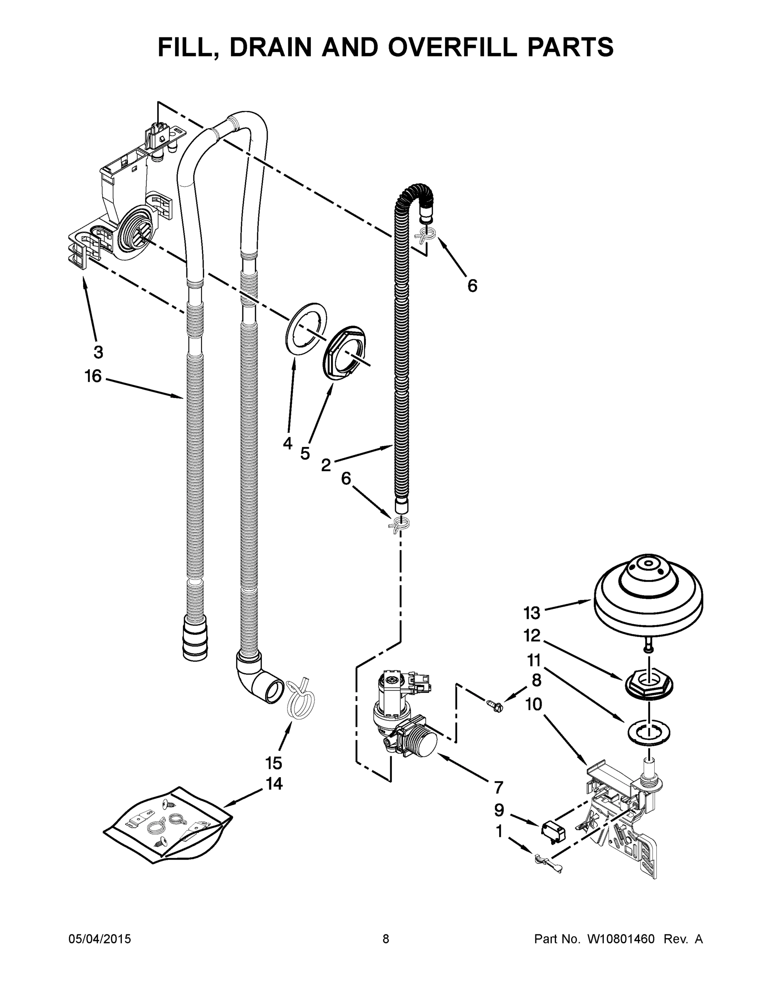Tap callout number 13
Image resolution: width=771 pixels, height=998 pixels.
coord(532,613)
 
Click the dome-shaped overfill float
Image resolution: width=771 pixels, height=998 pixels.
coord(648,595)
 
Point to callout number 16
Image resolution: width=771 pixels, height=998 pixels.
coord(93,376)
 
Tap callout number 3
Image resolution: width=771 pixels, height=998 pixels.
coord(98,352)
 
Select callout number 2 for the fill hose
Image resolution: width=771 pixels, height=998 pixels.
coord(326,465)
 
